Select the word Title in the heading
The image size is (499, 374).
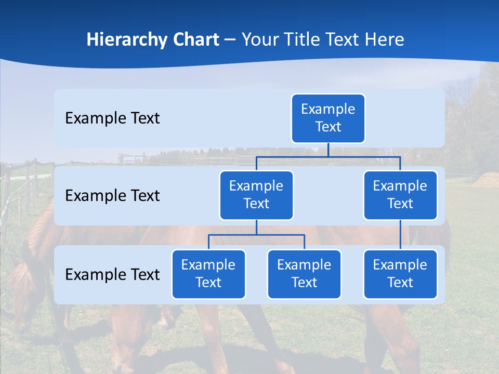(303, 40)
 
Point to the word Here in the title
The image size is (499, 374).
(384, 40)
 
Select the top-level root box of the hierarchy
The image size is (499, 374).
(328, 118)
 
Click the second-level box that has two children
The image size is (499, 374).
(256, 195)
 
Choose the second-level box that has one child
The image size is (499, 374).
(400, 195)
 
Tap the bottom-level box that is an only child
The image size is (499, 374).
(400, 274)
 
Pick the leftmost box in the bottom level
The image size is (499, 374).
(208, 274)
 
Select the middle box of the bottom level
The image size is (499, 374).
(304, 274)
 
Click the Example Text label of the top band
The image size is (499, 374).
(112, 118)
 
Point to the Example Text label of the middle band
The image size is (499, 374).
(112, 196)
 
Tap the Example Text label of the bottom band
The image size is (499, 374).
(112, 274)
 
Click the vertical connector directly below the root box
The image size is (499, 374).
(328, 150)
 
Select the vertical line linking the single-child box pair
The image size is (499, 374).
(400, 235)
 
